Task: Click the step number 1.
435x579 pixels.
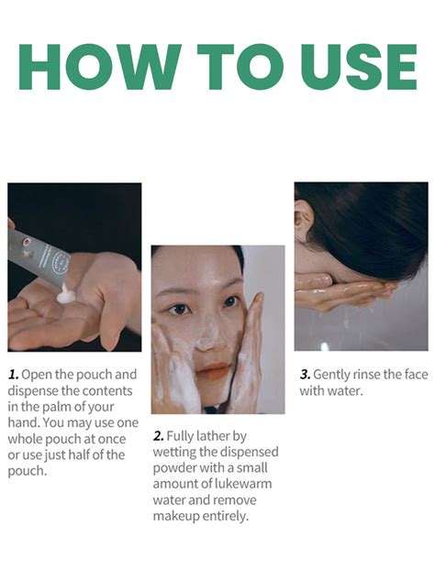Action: [13, 375]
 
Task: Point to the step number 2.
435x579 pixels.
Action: [159, 436]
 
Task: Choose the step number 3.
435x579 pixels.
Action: [305, 375]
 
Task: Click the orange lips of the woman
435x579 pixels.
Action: [213, 370]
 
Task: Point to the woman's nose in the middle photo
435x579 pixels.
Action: [210, 334]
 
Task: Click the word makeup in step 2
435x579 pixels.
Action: [178, 517]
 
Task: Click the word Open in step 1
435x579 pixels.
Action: [38, 375]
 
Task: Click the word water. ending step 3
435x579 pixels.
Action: [345, 391]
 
